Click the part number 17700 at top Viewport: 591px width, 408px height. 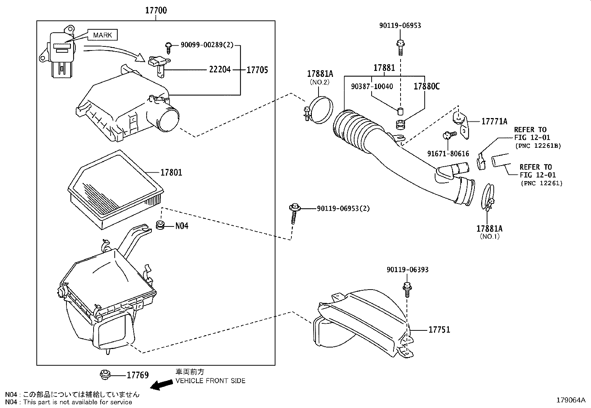click(x=156, y=10)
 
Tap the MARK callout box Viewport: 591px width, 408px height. click(x=102, y=35)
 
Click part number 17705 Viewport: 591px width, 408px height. click(x=257, y=69)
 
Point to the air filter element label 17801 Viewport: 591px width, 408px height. click(x=171, y=172)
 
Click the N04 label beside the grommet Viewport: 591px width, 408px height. click(x=182, y=226)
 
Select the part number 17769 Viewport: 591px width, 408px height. click(x=138, y=375)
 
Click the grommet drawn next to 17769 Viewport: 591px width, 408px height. click(x=105, y=375)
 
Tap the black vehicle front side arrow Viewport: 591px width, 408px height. click(x=162, y=386)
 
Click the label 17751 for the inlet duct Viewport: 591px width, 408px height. click(x=439, y=330)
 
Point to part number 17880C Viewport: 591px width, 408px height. click(x=427, y=86)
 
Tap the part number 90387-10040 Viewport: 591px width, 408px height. click(x=372, y=87)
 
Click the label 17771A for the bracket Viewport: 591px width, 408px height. click(x=494, y=121)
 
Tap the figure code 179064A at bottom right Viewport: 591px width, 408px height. click(x=571, y=400)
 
